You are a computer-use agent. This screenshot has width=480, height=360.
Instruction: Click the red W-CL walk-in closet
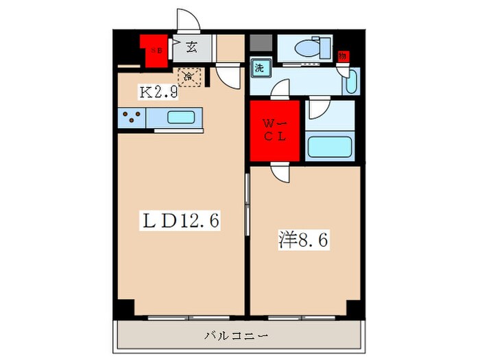pyautogui.click(x=274, y=130)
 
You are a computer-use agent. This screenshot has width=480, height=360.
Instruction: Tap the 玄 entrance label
pyautogui.click(x=191, y=48)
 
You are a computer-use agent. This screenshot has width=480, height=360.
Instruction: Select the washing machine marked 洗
pyautogui.click(x=261, y=68)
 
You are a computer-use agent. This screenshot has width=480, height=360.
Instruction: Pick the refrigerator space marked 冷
pyautogui.click(x=189, y=77)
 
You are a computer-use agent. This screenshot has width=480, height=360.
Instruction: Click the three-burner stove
pyautogui.click(x=131, y=119)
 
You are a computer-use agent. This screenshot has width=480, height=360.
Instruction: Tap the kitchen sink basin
pyautogui.click(x=181, y=117)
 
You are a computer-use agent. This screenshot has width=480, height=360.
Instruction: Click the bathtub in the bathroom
pyautogui.click(x=329, y=146)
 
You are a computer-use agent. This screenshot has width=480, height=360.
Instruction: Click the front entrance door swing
pyautogui.click(x=187, y=21)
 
